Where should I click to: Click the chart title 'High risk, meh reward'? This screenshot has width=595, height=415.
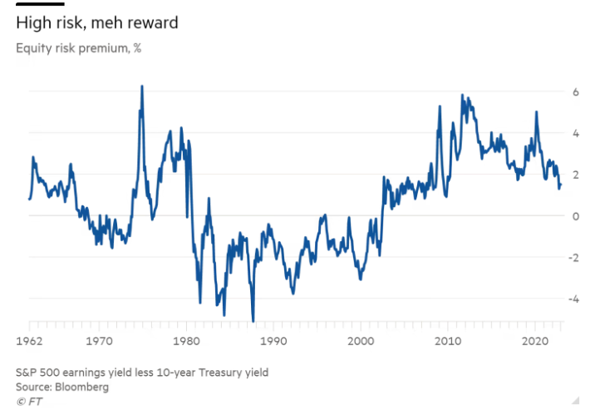click(96, 22)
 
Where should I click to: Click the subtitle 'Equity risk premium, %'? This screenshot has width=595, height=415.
click(78, 47)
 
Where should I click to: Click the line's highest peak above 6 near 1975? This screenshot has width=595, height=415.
click(142, 86)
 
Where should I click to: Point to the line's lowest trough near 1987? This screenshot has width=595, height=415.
click(253, 320)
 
